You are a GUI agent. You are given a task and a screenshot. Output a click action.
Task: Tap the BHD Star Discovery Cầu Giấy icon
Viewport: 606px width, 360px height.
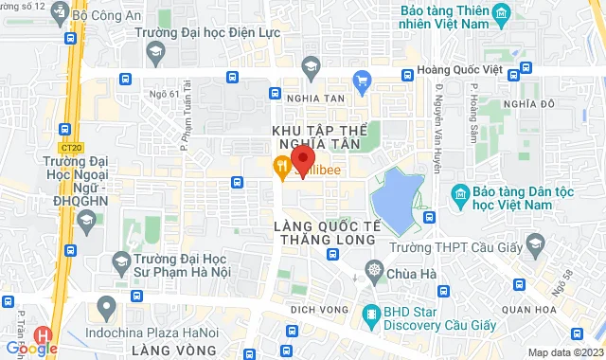pos(370,312)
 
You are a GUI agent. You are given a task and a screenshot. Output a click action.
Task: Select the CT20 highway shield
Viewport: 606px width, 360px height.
pos(69,148)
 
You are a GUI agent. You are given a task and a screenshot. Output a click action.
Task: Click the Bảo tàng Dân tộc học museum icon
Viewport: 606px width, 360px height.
pos(460,193)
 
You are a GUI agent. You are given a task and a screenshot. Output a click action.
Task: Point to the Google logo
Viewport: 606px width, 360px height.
pos(31,348)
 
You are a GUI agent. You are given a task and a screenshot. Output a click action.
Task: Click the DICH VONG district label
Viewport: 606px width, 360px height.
pos(316,310)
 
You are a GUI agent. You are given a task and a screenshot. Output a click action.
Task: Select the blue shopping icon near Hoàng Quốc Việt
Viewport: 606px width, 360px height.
pos(360,80)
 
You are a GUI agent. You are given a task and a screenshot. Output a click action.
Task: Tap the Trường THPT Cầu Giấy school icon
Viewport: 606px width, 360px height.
pos(535,246)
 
